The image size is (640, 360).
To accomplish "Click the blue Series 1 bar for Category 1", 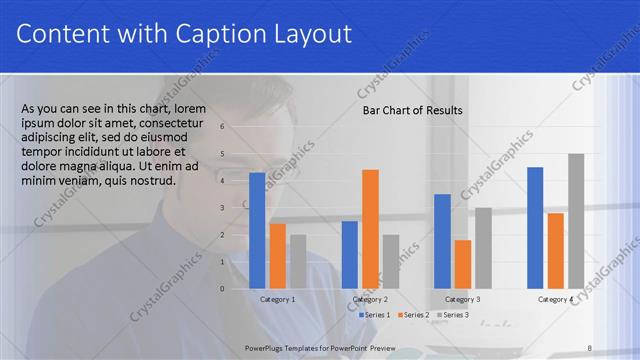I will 257,231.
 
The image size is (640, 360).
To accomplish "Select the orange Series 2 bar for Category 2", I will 370,229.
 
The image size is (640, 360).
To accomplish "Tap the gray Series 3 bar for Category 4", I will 576,221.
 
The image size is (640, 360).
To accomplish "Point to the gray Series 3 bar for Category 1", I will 298,262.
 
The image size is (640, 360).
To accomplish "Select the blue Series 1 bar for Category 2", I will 349,255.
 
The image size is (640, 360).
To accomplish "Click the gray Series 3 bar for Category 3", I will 483,248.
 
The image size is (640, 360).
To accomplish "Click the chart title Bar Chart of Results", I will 412,110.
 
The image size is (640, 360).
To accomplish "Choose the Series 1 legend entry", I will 375,315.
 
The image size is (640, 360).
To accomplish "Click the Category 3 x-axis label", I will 462,300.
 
